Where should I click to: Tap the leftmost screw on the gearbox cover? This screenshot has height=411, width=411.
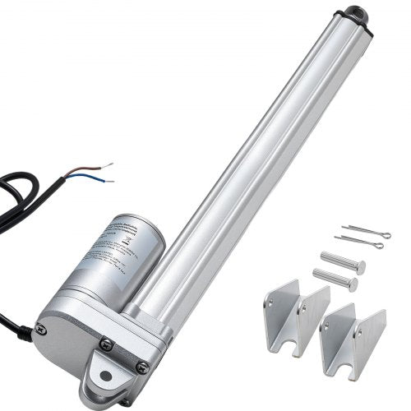click(43, 330)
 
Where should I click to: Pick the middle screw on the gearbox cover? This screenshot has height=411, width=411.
click(105, 346)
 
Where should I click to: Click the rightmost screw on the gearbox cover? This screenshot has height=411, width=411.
click(142, 367)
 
